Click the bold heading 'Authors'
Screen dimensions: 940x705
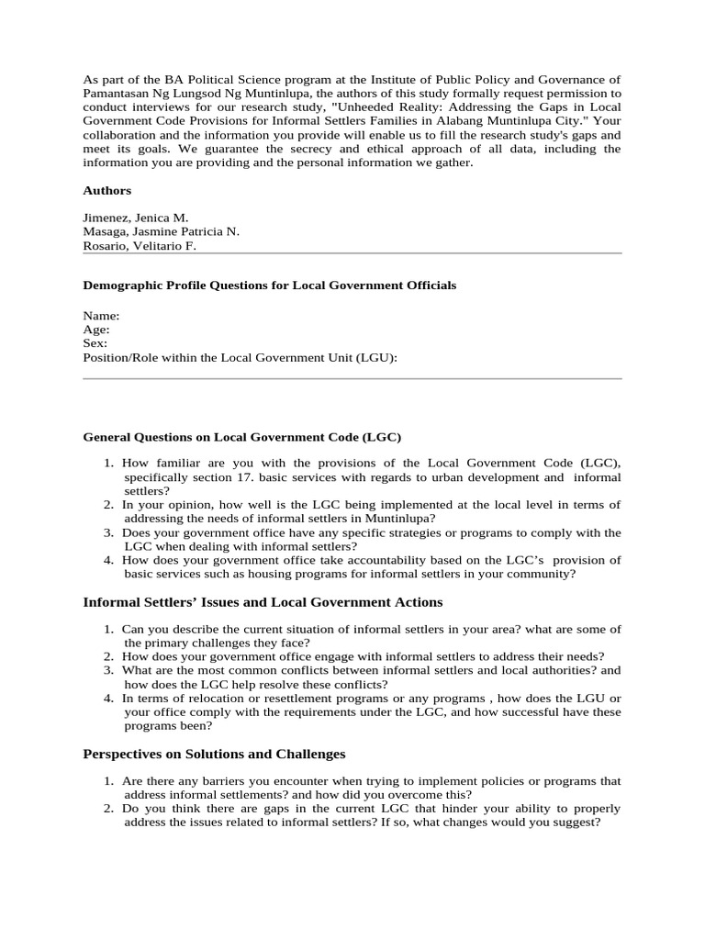(x=106, y=191)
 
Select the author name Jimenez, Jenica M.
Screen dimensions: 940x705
(x=135, y=218)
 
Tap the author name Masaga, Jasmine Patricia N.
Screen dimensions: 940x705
(x=161, y=232)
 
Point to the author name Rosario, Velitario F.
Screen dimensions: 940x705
(x=140, y=246)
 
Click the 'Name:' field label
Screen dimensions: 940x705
(x=101, y=316)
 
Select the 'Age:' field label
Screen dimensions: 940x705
(x=96, y=330)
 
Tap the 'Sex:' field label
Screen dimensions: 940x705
(x=95, y=343)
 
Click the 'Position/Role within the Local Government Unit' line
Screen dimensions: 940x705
(x=241, y=358)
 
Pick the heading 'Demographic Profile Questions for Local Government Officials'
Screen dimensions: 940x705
(x=269, y=285)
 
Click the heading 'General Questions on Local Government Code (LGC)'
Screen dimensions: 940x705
(x=242, y=437)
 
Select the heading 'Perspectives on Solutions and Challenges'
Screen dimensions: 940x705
(x=214, y=754)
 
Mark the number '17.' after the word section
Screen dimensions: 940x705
(x=240, y=477)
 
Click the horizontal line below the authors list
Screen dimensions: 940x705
(x=352, y=253)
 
